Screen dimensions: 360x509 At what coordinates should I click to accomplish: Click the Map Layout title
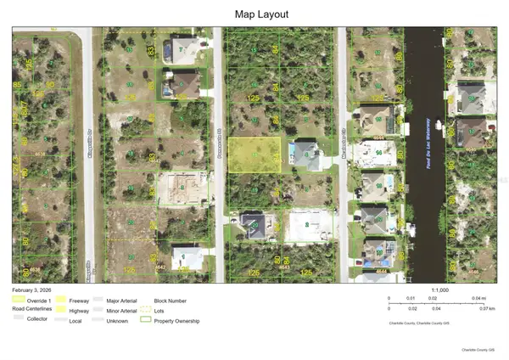tap(254, 14)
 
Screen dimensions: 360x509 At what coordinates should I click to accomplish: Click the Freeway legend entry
tap(80, 300)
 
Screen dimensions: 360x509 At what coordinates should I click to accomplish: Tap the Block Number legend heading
tap(171, 300)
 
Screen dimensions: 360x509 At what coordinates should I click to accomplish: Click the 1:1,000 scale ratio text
tap(440, 290)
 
